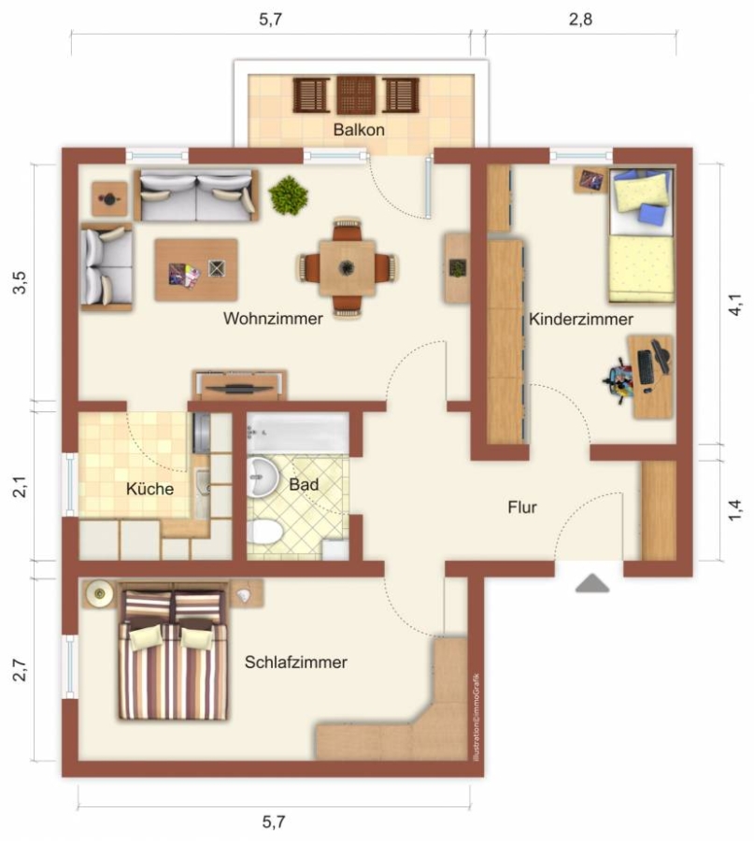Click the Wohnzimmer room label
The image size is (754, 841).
click(273, 318)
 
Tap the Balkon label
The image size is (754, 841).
click(359, 129)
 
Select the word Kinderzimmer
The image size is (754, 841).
click(581, 320)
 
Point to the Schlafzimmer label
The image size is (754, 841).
click(295, 662)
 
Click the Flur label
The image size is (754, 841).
click(521, 506)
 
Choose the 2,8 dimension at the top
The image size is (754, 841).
click(580, 20)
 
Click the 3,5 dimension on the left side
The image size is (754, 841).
click(20, 282)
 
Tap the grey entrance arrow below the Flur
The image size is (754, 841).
click(592, 583)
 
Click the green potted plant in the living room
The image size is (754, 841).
click(289, 195)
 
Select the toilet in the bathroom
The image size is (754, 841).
click(265, 532)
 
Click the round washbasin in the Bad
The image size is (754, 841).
click(263, 476)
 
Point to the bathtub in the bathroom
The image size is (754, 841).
click(298, 434)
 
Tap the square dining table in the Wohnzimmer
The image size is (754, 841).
click(347, 267)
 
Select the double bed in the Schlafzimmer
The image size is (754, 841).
click(173, 654)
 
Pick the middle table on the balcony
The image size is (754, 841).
click(356, 95)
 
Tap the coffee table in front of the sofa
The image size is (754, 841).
click(196, 270)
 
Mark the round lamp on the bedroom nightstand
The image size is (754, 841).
click(100, 593)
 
